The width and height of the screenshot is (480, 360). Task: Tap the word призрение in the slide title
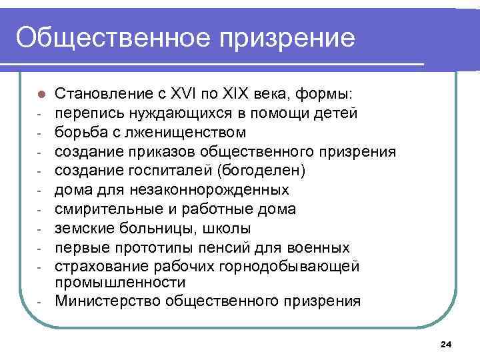(x=288, y=38)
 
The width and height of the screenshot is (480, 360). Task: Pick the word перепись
(x=85, y=113)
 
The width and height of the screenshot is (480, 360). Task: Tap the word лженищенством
(x=182, y=132)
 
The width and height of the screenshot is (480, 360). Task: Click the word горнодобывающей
(x=303, y=267)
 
